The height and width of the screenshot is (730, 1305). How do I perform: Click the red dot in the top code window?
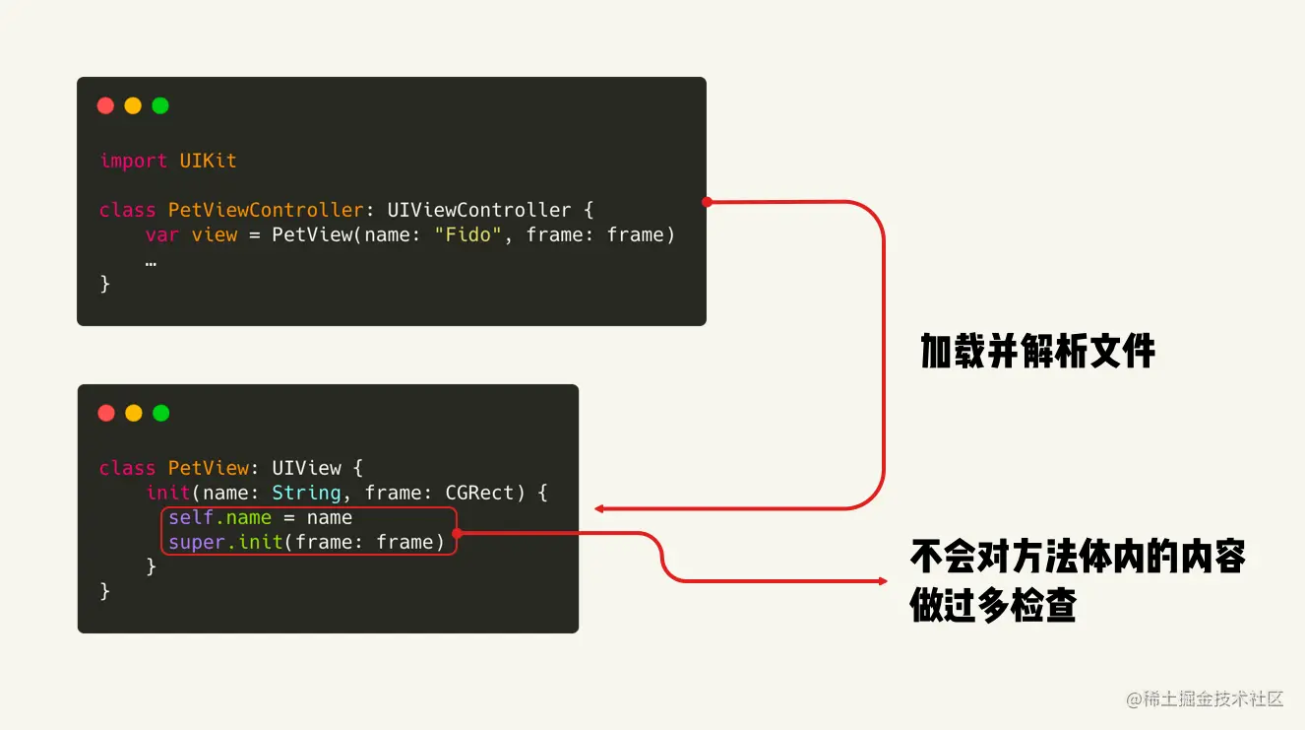click(x=105, y=105)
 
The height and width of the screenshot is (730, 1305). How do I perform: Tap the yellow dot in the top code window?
click(x=133, y=105)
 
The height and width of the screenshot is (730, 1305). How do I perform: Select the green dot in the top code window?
click(x=160, y=105)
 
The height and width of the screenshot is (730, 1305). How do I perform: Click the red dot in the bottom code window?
click(x=106, y=413)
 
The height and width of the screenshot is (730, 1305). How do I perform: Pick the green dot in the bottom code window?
click(x=161, y=413)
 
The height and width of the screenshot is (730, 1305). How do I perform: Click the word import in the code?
click(x=133, y=161)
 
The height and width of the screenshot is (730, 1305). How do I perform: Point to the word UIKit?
click(x=208, y=161)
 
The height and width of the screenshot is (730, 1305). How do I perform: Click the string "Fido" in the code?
click(x=468, y=234)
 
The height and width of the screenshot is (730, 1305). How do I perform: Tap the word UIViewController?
click(x=478, y=210)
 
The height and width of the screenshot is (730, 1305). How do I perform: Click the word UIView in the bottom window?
click(x=306, y=468)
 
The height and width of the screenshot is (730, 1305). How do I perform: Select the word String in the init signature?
click(x=306, y=493)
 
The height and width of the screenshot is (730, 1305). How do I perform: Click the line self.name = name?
click(x=260, y=517)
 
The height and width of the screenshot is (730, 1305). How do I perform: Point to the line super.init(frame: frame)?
click(x=306, y=542)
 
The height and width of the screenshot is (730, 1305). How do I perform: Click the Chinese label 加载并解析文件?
click(x=1037, y=351)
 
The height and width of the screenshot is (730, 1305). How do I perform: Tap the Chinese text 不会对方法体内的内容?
click(x=1078, y=557)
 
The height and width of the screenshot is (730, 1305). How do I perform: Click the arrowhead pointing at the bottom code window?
click(x=598, y=509)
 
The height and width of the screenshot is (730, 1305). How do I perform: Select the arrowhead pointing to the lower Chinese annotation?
click(x=883, y=581)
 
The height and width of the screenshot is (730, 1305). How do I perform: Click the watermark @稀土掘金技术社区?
click(x=1206, y=699)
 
